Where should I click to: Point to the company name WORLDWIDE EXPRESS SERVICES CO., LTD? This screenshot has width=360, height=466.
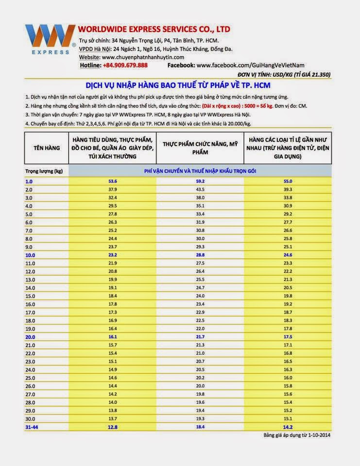tap(154, 29)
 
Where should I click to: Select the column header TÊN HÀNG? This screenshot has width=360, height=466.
tap(47, 148)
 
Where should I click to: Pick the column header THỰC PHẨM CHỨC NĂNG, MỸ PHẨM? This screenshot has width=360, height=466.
tap(200, 148)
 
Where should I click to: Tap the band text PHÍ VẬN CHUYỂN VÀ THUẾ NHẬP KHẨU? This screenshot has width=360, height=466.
tap(200, 171)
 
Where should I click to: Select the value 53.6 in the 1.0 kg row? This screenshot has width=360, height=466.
tap(113, 182)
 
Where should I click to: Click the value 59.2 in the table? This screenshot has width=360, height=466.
tap(200, 182)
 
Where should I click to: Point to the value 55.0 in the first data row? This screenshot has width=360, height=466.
tap(288, 182)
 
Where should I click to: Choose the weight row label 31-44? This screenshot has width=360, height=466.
tap(32, 427)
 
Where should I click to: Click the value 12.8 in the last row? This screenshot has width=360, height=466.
tap(113, 427)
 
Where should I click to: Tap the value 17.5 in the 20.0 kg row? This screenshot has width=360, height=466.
tap(288, 337)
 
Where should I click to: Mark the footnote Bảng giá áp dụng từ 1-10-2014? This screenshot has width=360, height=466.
tap(297, 435)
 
